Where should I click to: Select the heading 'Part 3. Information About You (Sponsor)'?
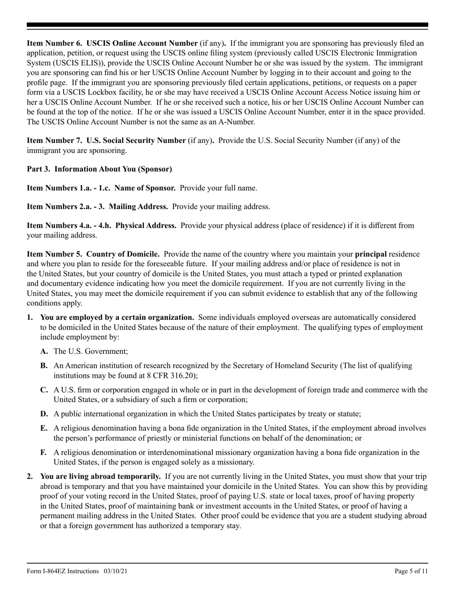[99, 169]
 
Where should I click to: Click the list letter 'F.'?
[44, 452]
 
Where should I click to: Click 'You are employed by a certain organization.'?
[117, 317]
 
